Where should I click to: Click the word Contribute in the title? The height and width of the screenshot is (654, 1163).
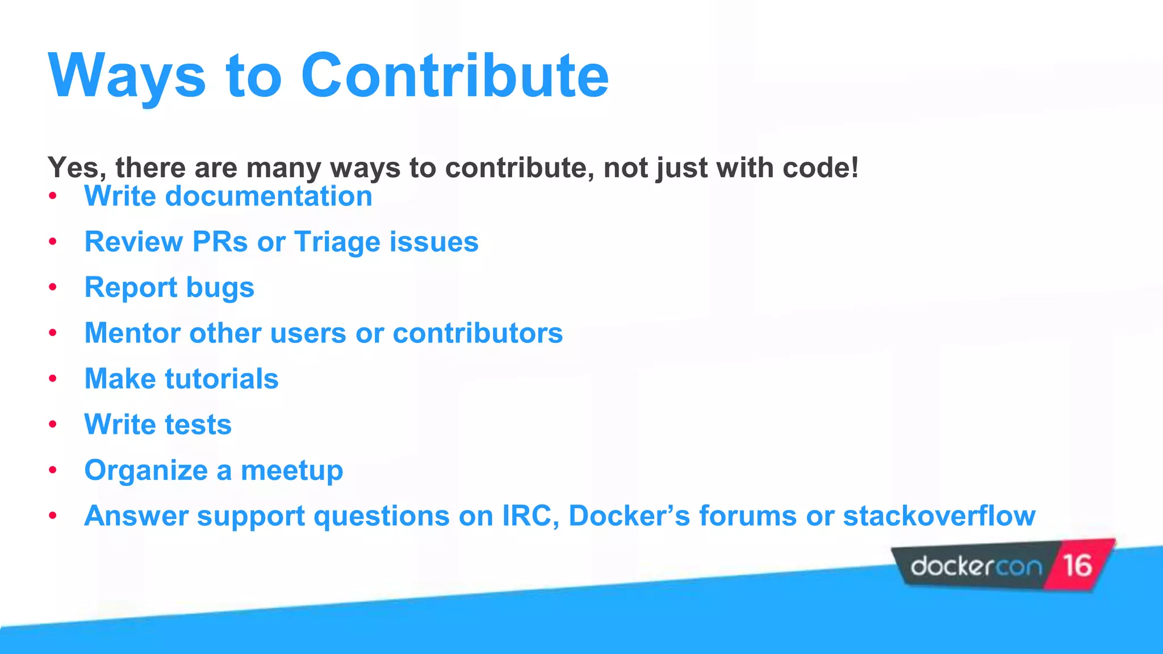(454, 76)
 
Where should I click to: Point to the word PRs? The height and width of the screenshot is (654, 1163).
(220, 242)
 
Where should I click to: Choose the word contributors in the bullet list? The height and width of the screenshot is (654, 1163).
(478, 333)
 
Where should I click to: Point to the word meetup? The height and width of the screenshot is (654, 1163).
(292, 471)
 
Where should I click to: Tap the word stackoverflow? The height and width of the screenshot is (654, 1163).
(939, 516)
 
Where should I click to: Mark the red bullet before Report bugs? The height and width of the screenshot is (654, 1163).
(53, 287)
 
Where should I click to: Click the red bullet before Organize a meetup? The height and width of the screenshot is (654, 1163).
(53, 470)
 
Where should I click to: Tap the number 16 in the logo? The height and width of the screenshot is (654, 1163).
(1077, 565)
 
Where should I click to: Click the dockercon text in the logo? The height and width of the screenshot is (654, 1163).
(976, 567)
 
